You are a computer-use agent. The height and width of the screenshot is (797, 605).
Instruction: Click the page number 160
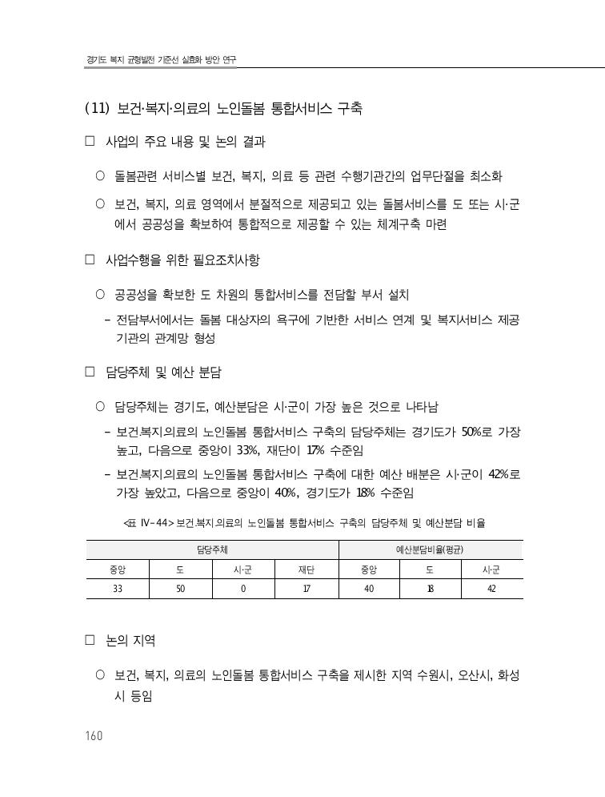point(93,736)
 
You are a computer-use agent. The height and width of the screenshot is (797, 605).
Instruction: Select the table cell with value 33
point(117,588)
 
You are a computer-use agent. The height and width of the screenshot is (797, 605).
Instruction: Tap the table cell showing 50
point(180,588)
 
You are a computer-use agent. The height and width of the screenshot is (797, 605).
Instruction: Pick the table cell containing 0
point(242,588)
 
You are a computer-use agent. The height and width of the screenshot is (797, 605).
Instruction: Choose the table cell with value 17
point(306,588)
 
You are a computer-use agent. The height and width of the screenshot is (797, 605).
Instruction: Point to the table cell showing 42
point(491,588)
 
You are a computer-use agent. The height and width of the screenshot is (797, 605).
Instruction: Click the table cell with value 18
point(430,588)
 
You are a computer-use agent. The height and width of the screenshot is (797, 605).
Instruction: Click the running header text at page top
point(161,61)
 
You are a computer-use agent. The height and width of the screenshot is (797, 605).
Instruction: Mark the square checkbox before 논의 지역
point(90,642)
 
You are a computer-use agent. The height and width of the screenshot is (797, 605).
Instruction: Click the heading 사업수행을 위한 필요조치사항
point(182,260)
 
